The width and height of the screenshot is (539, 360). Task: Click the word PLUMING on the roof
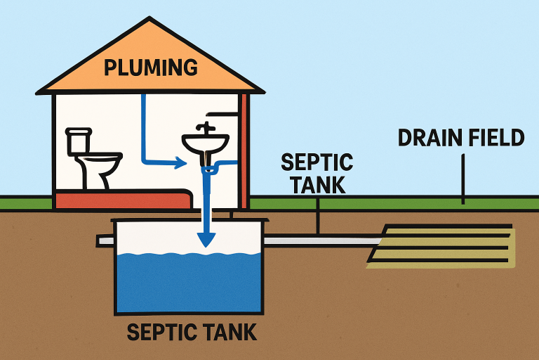point(150,67)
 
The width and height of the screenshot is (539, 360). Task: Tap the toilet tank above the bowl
point(79,141)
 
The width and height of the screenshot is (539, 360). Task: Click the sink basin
point(205,144)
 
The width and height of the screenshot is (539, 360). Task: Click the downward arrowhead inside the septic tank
point(205,239)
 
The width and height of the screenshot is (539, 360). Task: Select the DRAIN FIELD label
point(461,138)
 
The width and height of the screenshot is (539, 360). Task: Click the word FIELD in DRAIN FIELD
point(497,138)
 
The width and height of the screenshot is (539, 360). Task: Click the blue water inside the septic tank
point(189,281)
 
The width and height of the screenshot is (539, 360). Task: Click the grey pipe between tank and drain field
point(323,240)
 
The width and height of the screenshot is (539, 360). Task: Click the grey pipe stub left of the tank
point(105,240)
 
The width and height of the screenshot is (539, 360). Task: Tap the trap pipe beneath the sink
point(211,169)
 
